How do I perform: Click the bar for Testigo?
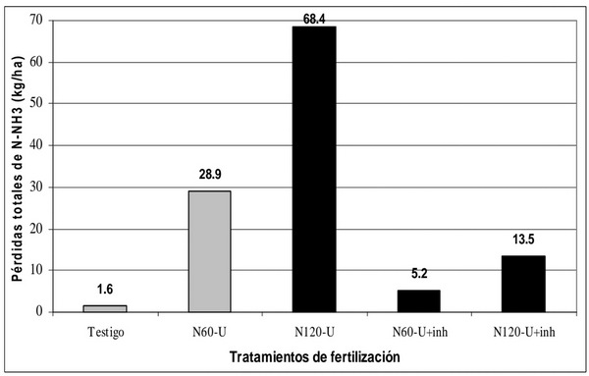104,308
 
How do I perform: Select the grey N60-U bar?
209,251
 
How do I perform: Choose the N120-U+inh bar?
523,284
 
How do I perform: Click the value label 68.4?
314,17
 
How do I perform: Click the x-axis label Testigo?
104,331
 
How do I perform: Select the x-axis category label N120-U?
314,331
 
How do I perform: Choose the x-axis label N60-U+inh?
419,331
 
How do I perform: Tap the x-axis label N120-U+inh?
523,331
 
